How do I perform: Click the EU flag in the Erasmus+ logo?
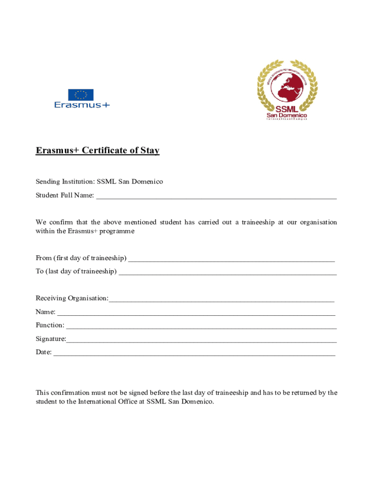coord(80,94)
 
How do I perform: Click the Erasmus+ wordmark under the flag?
coord(82,105)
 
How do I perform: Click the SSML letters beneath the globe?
coord(287,109)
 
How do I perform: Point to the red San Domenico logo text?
coord(287,115)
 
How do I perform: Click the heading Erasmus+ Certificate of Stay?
coord(97,151)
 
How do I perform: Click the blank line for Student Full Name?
coord(216,196)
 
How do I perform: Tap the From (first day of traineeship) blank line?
coord(232,258)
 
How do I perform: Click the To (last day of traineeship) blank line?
coord(227,272)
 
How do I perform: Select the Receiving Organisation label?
coord(72,298)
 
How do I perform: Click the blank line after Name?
coord(196,312)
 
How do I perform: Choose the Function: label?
coord(50,325)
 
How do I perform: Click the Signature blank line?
coord(201,339)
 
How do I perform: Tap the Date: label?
coord(44,352)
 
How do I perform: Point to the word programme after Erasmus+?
coord(117,232)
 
